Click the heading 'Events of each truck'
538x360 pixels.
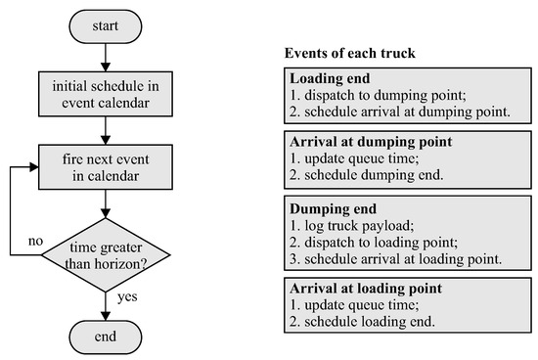348,51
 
